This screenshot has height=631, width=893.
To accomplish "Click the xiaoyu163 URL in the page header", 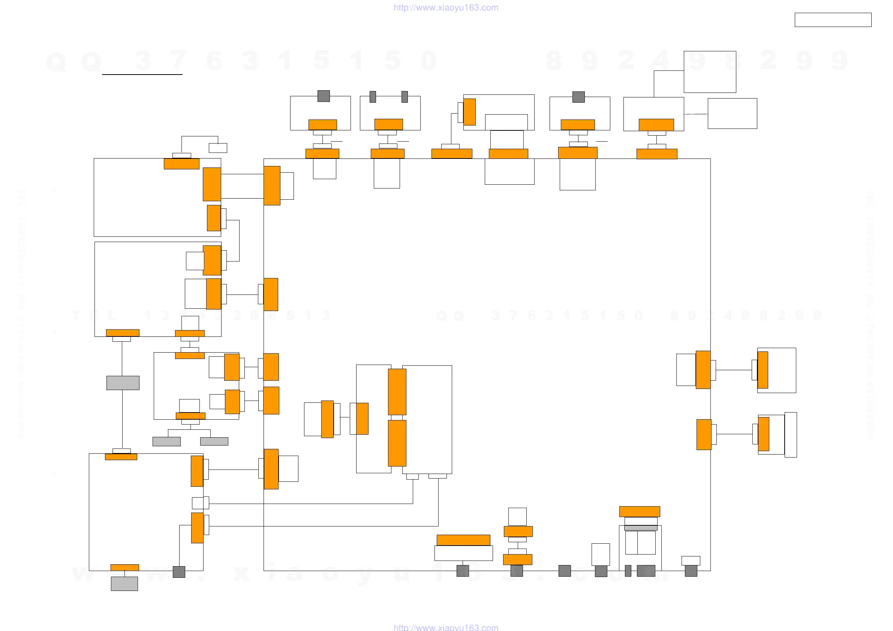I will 446,8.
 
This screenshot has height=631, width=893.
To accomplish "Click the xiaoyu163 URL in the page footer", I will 446,627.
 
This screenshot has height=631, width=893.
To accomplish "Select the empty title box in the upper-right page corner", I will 833,20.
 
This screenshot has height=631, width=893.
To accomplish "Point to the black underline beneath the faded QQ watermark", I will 142,74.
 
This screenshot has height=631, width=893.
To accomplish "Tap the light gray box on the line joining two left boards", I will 123,383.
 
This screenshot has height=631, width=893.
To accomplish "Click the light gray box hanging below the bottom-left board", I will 124,583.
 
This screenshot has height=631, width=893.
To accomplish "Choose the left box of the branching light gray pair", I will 166,441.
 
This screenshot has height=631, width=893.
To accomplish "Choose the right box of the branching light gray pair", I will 214,441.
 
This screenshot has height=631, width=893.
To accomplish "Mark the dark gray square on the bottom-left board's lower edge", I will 179,572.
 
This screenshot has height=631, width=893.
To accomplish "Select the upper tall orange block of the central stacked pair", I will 397,392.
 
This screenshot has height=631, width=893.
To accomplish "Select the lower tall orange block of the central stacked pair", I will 397,443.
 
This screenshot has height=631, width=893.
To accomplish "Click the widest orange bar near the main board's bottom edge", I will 463,540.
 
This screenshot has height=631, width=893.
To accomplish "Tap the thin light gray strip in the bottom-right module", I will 641,528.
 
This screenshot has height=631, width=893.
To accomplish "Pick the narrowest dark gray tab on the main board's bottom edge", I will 628,571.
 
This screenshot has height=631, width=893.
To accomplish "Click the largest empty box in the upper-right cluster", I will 710,72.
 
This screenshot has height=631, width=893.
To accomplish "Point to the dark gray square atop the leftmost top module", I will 324,96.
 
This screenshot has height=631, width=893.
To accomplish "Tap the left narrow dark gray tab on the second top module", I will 373,97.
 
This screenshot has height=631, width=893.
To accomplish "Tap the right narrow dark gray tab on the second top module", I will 405,97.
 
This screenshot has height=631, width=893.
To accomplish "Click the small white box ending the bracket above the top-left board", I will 218,148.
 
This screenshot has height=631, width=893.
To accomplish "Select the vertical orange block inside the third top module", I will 469,112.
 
